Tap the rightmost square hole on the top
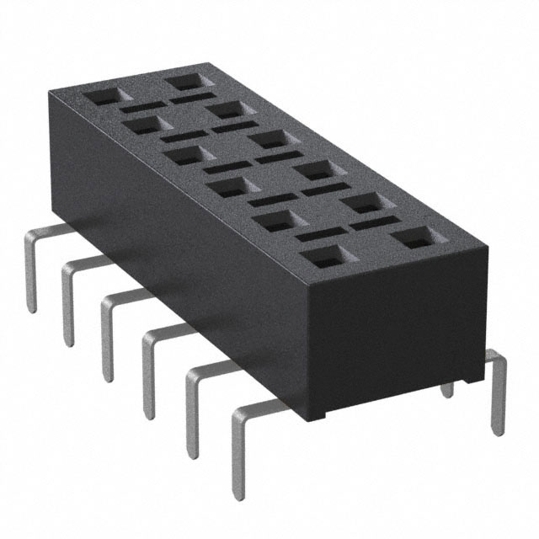tap(415, 237)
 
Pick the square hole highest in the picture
tap(183, 82)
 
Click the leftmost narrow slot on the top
tap(136, 108)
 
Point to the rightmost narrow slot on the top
tap(375, 223)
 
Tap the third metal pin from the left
tap(107, 328)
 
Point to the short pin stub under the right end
tap(447, 388)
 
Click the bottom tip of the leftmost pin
tap(32, 308)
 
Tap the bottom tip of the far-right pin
tap(499, 431)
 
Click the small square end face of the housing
tap(396, 337)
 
